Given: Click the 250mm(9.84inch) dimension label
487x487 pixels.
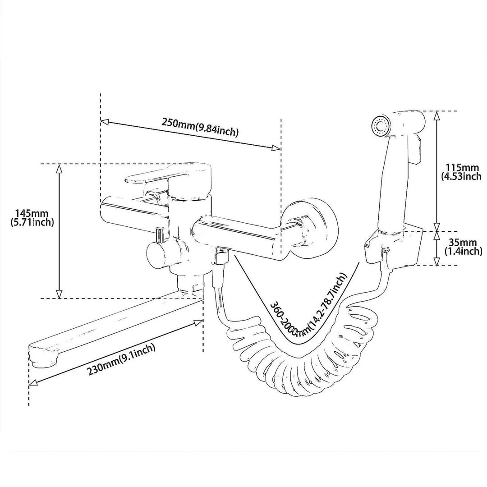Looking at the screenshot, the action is tap(200, 127).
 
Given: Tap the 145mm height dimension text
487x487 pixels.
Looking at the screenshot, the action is tap(32, 218).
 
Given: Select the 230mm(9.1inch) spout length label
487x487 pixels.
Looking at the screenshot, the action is tap(121, 359).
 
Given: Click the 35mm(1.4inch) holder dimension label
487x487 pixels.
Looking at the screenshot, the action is tap(464, 246).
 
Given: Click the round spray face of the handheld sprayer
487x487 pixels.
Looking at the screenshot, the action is tap(380, 126).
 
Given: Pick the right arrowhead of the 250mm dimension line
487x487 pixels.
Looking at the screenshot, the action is tap(276, 148).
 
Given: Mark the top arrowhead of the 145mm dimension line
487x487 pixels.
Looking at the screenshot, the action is tap(59, 169).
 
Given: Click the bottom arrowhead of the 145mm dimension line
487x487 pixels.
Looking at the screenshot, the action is tap(59, 294).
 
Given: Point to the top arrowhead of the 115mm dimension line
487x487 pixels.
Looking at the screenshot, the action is tap(436, 116).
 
